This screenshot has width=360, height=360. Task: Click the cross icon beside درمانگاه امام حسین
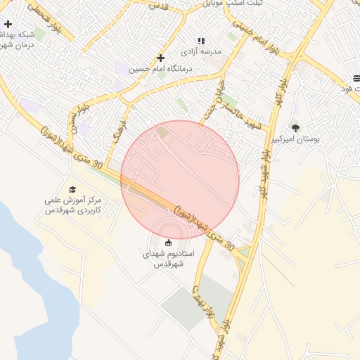coord(161,58)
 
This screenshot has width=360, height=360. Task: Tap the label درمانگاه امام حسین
coord(171,69)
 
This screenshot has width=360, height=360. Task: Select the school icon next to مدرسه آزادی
coord(201,41)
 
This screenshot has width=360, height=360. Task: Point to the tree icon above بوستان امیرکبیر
coord(295,128)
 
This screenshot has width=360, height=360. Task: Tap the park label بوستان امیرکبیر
coord(296,140)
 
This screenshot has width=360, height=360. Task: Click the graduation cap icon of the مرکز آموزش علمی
coord(72,189)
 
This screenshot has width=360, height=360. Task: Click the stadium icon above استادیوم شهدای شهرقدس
coord(167,243)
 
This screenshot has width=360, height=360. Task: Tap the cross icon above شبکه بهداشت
coord(7,24)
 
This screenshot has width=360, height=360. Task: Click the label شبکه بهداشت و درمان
coord(17,39)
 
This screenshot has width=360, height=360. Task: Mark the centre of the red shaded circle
coord(180,180)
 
